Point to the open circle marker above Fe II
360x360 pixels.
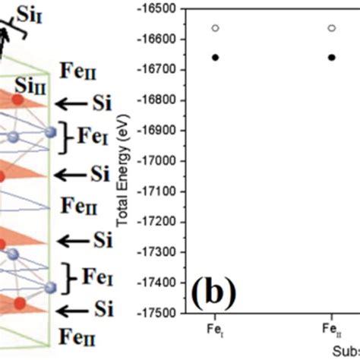tap(331, 28)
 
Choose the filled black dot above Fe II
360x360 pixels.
tap(331, 57)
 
